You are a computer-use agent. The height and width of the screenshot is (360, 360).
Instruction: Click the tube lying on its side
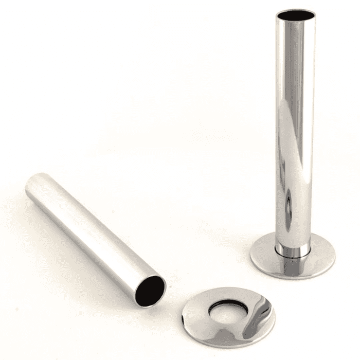coord(93,231)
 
